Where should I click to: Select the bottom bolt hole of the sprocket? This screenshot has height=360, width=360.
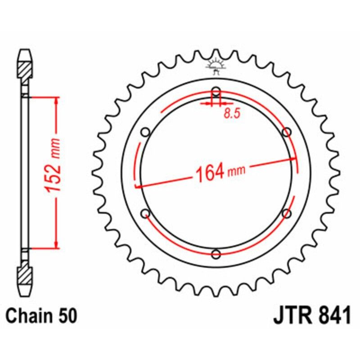coord(216,254)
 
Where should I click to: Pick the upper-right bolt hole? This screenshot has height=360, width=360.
coord(287,132)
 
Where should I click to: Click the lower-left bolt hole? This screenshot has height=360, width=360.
coord(145,213)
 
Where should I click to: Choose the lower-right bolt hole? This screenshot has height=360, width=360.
coord(287,213)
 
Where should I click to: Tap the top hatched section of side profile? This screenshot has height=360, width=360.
coord(25,69)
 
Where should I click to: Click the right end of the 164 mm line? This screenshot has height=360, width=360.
coord(295,158)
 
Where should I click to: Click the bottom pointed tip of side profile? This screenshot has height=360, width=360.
coord(25,293)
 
